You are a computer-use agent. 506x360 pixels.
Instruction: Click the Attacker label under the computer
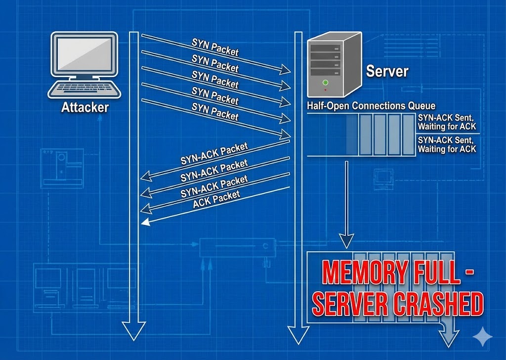click(84, 107)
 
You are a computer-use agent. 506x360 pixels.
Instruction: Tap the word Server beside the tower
click(387, 71)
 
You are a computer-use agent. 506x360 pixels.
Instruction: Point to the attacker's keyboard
click(84, 89)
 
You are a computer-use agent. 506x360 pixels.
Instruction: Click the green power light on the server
click(325, 82)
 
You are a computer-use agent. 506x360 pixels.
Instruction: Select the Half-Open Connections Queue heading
click(371, 106)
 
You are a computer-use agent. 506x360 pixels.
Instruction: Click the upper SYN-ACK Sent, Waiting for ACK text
click(447, 123)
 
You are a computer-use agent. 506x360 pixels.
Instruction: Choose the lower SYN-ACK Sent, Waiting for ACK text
click(447, 144)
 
